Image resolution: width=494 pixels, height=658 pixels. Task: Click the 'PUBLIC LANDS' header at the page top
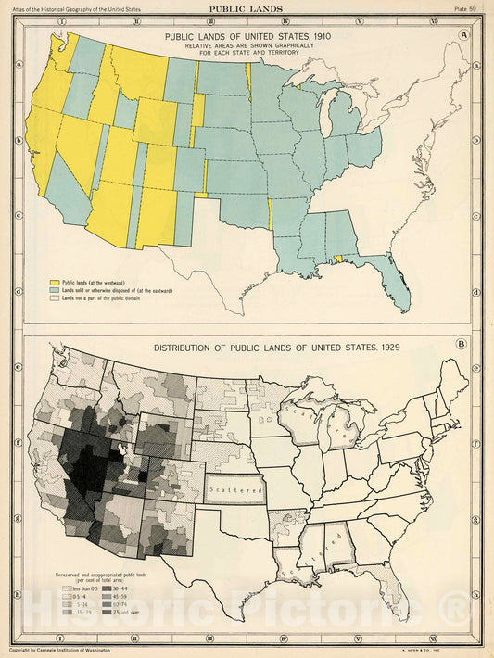[x=247, y=7]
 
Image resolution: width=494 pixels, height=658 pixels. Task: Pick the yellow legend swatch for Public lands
[x=54, y=280]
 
